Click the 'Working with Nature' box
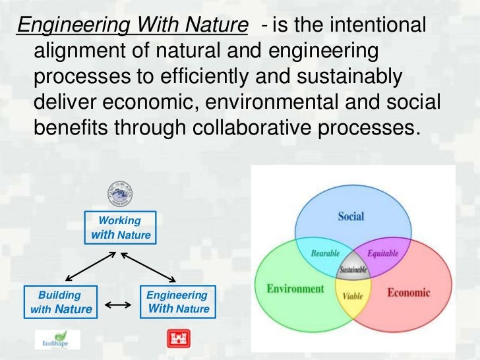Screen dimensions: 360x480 (120, 227)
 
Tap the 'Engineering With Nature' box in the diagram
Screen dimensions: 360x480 (177, 302)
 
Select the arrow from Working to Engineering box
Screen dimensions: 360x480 (150, 266)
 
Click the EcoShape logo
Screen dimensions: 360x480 (57, 339)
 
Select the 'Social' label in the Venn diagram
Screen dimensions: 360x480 (351, 216)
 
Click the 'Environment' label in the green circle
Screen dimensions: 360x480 (295, 289)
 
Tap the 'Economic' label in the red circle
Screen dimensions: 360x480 (409, 292)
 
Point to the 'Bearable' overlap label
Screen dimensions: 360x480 (325, 253)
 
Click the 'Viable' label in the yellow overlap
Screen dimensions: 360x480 (353, 296)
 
